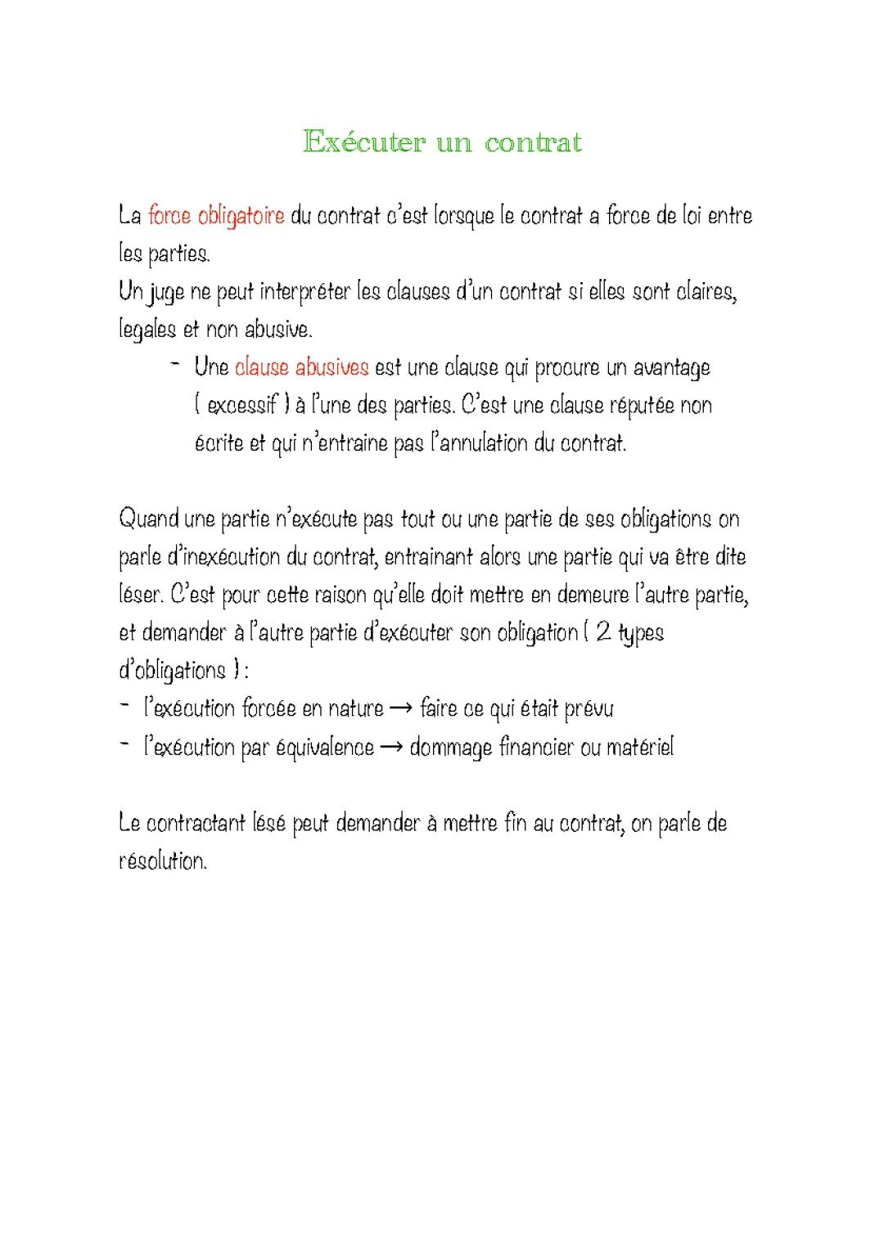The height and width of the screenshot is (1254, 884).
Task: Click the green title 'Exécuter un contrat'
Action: click(x=442, y=142)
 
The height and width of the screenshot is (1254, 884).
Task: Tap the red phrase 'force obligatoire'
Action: click(x=216, y=216)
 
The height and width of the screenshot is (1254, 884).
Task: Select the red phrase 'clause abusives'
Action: click(x=301, y=368)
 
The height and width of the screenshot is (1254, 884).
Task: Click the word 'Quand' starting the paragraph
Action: click(x=150, y=519)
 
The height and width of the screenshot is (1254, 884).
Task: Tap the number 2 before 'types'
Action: click(x=604, y=632)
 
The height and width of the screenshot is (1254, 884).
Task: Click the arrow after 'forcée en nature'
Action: click(x=401, y=708)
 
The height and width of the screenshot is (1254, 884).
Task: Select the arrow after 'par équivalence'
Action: click(x=391, y=747)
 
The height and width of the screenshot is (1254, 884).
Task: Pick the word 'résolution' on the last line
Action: click(x=162, y=861)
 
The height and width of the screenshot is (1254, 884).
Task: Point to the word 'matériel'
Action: click(x=639, y=747)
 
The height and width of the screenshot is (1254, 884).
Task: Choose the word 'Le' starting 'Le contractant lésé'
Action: click(x=129, y=823)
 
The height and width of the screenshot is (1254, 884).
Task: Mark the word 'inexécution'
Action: click(x=213, y=557)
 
